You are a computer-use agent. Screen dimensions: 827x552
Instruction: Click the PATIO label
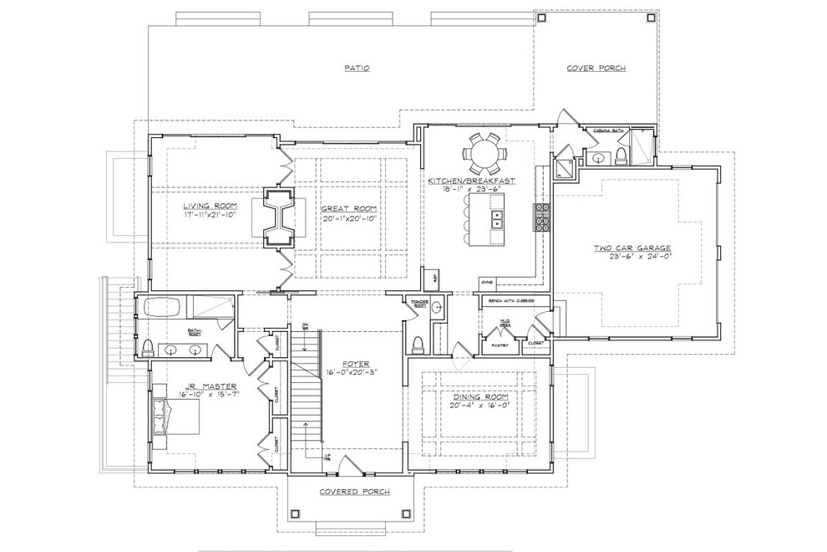pyautogui.click(x=357, y=69)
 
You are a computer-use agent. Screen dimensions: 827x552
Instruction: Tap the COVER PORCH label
pyautogui.click(x=596, y=69)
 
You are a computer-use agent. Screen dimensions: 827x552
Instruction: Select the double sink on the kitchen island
pyautogui.click(x=495, y=220)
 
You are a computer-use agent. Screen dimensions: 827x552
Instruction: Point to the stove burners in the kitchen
pyautogui.click(x=540, y=217)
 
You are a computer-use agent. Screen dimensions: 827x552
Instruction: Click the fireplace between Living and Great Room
pyautogui.click(x=279, y=216)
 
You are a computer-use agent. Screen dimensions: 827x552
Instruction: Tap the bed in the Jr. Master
pyautogui.click(x=175, y=417)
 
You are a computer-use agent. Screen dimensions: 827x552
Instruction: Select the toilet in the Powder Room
pyautogui.click(x=417, y=344)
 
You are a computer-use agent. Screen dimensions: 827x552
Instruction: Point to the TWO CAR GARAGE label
pyautogui.click(x=632, y=248)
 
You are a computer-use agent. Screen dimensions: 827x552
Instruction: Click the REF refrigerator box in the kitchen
pyautogui.click(x=434, y=276)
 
